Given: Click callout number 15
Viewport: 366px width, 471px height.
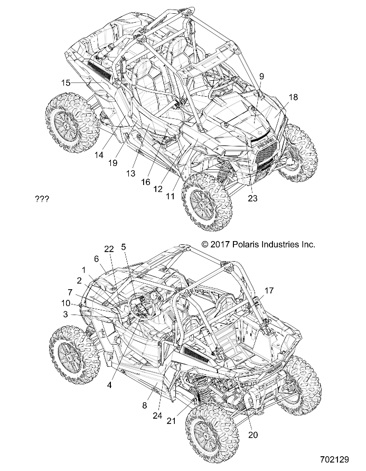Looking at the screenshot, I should tap(65, 82).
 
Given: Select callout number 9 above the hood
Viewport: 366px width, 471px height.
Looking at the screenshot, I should tap(261, 76).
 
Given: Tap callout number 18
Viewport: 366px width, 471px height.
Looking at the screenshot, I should tap(293, 97).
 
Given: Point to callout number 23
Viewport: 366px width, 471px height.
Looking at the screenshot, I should tap(252, 199).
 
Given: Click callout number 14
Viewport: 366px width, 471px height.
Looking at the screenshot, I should tap(99, 155).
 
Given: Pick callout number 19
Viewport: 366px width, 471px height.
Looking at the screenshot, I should tap(112, 163).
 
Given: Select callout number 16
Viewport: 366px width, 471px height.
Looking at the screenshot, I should tap(146, 181).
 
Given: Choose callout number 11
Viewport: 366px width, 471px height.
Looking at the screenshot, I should tap(170, 196).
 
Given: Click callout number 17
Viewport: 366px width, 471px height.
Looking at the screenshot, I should tap(269, 290).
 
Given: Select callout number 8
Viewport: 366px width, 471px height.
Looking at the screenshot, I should tap(143, 405).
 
